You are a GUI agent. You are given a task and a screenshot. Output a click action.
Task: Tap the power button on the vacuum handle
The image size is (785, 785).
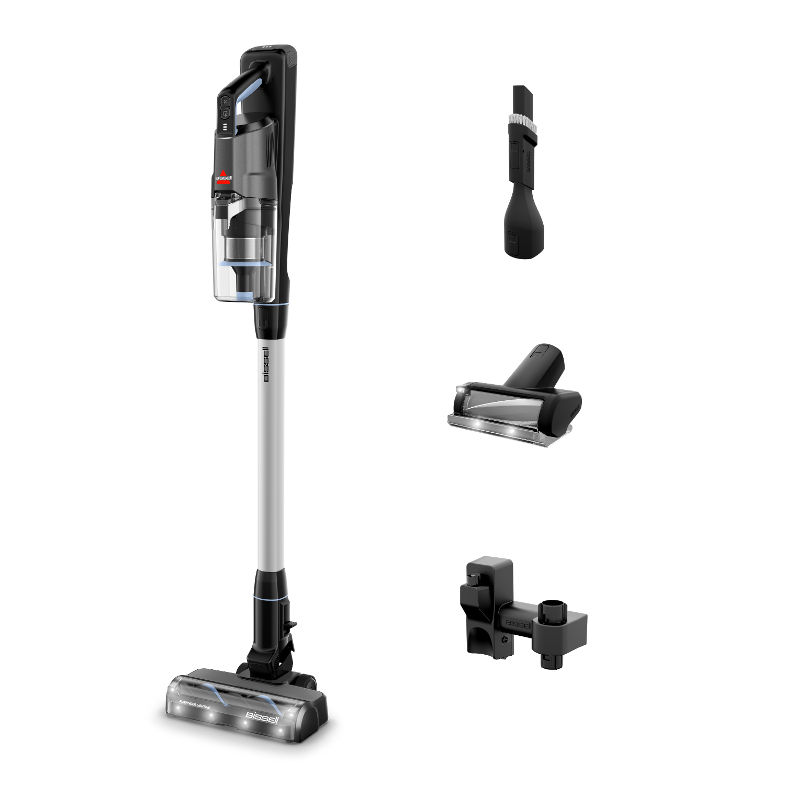(x=225, y=113)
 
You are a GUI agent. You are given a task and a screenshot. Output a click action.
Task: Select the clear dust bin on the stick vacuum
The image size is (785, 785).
(x=243, y=246)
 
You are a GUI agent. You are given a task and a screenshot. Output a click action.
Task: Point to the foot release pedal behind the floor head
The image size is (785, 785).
(x=291, y=624)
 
